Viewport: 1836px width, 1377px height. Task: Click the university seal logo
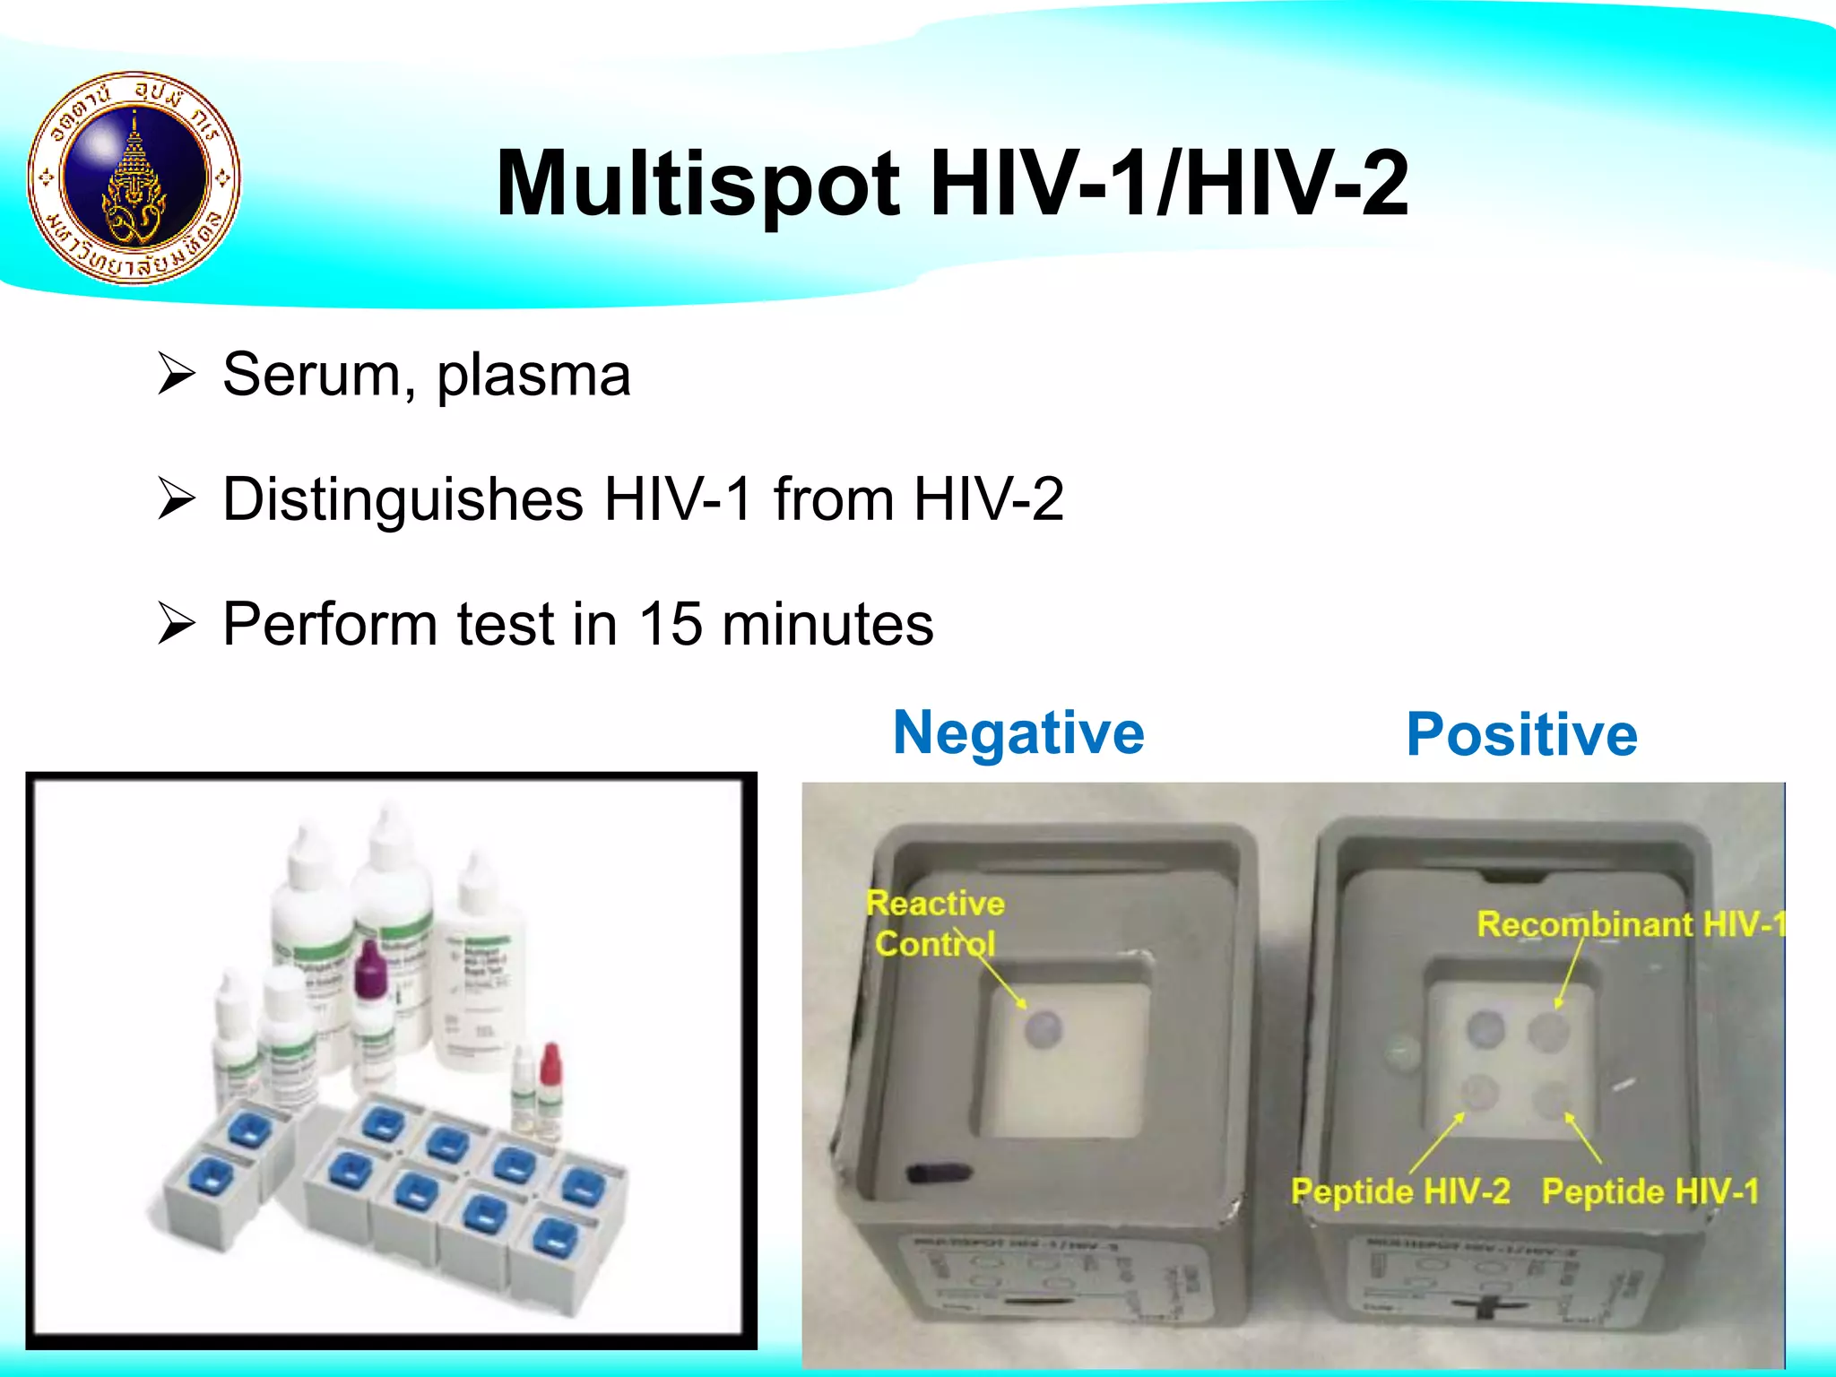pyautogui.click(x=134, y=178)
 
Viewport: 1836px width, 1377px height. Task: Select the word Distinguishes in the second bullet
pyautogui.click(x=403, y=500)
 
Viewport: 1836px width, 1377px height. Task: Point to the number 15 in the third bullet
pyautogui.click(x=670, y=624)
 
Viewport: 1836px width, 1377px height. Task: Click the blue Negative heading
pyautogui.click(x=1018, y=732)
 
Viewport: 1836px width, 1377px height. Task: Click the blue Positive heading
pyautogui.click(x=1521, y=735)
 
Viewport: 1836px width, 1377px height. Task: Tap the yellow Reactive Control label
pyautogui.click(x=935, y=923)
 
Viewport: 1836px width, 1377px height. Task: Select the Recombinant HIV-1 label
pyautogui.click(x=1630, y=924)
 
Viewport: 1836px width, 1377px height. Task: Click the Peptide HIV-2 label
pyautogui.click(x=1399, y=1191)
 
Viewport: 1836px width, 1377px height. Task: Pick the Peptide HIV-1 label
pyautogui.click(x=1650, y=1191)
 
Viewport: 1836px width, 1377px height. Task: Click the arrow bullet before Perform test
pyautogui.click(x=176, y=624)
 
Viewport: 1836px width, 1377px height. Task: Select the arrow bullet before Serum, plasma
pyautogui.click(x=176, y=375)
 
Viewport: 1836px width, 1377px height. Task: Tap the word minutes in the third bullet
pyautogui.click(x=827, y=624)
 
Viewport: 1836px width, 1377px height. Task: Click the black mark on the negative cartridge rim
pyautogui.click(x=938, y=1173)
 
